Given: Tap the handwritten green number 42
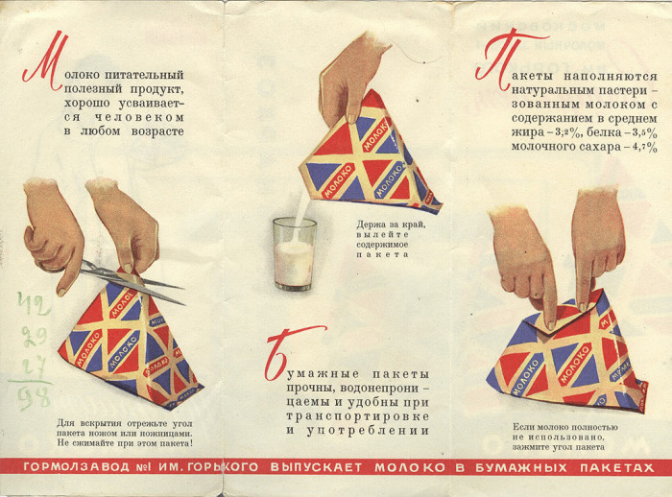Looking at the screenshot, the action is pos(34,303).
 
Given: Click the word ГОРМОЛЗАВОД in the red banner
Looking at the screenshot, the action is pos(76,467).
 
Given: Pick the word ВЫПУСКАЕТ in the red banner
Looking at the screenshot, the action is pos(316,467).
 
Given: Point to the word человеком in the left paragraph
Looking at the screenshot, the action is pos(139,117).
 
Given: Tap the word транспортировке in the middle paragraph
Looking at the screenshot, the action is pos(358,416).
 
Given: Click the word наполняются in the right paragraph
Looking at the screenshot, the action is pos(611,76).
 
